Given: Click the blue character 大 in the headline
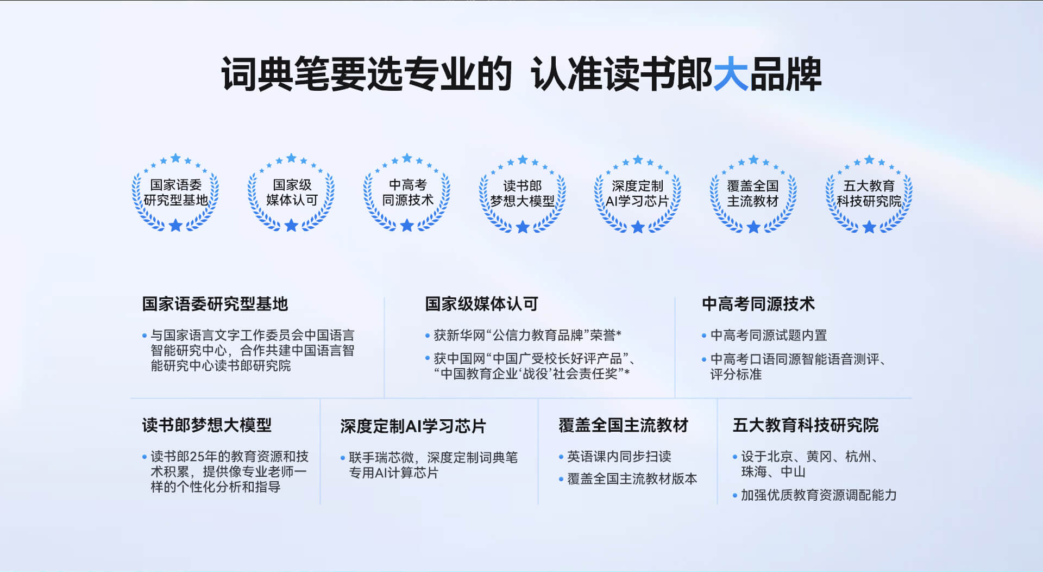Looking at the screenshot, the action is pos(731,74).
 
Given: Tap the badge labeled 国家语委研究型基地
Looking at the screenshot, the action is pos(175,193).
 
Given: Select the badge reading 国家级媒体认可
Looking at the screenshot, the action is pos(291,193).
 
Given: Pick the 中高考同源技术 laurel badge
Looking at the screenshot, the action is pos(407,193).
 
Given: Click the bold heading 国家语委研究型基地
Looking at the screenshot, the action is pos(215,304).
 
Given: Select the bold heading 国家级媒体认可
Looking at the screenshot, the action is pos(482,304).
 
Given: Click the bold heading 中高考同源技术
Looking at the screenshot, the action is pos(758,304).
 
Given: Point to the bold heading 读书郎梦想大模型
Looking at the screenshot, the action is pos(207,425).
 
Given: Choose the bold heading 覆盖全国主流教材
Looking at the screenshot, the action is pos(624,425).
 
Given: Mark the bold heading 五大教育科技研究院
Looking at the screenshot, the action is pos(806,425).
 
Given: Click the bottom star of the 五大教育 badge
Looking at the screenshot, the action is pos(869,227).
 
